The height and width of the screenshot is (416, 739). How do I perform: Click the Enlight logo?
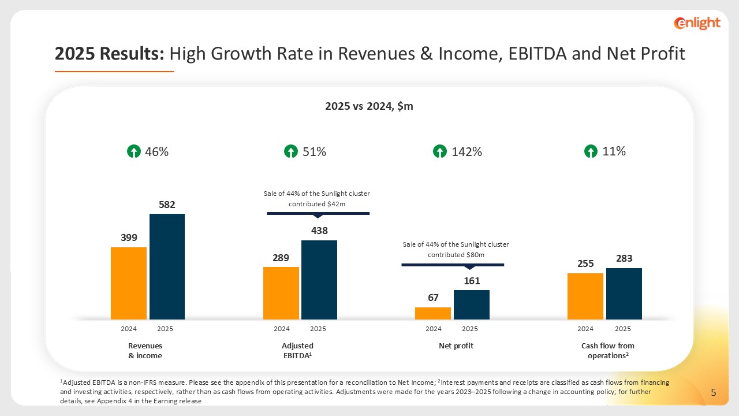click(x=697, y=23)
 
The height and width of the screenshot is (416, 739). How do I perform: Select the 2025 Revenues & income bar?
click(x=167, y=266)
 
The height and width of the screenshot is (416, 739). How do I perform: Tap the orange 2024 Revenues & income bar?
click(x=129, y=283)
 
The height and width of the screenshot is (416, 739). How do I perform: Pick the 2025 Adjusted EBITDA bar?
click(x=319, y=280)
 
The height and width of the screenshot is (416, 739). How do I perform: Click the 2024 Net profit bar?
click(x=433, y=313)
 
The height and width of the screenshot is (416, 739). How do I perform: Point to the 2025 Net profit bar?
click(x=471, y=304)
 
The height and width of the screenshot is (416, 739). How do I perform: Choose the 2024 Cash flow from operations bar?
click(x=585, y=296)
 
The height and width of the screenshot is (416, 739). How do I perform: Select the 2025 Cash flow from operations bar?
click(x=624, y=294)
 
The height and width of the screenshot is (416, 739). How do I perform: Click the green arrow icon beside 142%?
click(x=439, y=152)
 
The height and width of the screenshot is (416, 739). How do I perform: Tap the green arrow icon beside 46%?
click(x=133, y=152)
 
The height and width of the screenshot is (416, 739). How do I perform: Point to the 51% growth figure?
click(x=315, y=152)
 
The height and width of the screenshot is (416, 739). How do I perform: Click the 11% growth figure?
click(x=614, y=151)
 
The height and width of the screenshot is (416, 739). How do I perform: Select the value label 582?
click(x=167, y=205)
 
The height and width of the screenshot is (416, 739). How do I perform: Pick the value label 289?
click(x=281, y=258)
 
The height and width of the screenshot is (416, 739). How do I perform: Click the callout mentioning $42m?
click(x=318, y=199)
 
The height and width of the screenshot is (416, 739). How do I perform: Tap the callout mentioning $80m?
click(x=456, y=250)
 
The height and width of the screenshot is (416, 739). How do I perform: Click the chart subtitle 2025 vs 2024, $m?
click(x=369, y=106)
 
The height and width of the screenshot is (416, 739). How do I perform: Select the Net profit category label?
click(x=456, y=346)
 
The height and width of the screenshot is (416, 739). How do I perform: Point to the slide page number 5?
click(x=714, y=393)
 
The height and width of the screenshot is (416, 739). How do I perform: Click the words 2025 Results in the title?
click(x=110, y=54)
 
